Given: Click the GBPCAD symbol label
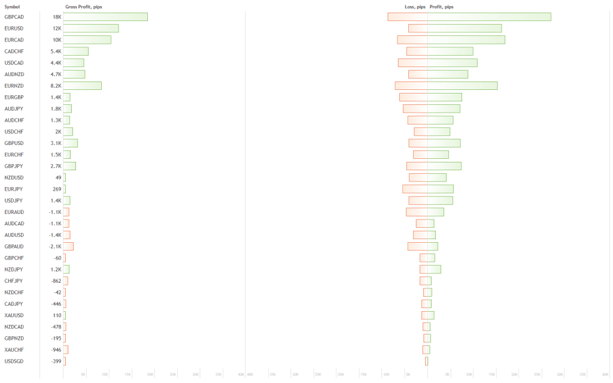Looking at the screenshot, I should (14, 17).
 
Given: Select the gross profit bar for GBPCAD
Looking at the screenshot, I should (105, 17).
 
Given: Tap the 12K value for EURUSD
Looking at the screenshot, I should (57, 28).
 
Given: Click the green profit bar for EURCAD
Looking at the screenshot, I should (466, 40).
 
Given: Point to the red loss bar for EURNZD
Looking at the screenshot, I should (411, 86).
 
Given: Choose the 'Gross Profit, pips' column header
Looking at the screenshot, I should (83, 7).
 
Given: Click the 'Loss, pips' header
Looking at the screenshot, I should (415, 7).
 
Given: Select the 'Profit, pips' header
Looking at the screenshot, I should (441, 7).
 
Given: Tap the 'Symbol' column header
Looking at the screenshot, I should (12, 7).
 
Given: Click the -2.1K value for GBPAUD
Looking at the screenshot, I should (55, 246).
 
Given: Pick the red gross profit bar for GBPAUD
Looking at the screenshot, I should (68, 246).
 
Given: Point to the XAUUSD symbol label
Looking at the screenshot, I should (14, 315).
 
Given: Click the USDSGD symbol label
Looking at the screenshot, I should (14, 361).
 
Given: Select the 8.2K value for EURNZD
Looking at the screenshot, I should (56, 86).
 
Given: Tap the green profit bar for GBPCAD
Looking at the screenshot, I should (489, 17).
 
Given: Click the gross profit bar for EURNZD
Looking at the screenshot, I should (83, 86).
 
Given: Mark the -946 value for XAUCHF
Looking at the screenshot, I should (56, 349).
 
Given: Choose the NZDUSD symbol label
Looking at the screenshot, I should (14, 177).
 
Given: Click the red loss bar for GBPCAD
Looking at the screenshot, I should (408, 17).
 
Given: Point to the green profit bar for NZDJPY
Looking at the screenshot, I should (434, 269).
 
